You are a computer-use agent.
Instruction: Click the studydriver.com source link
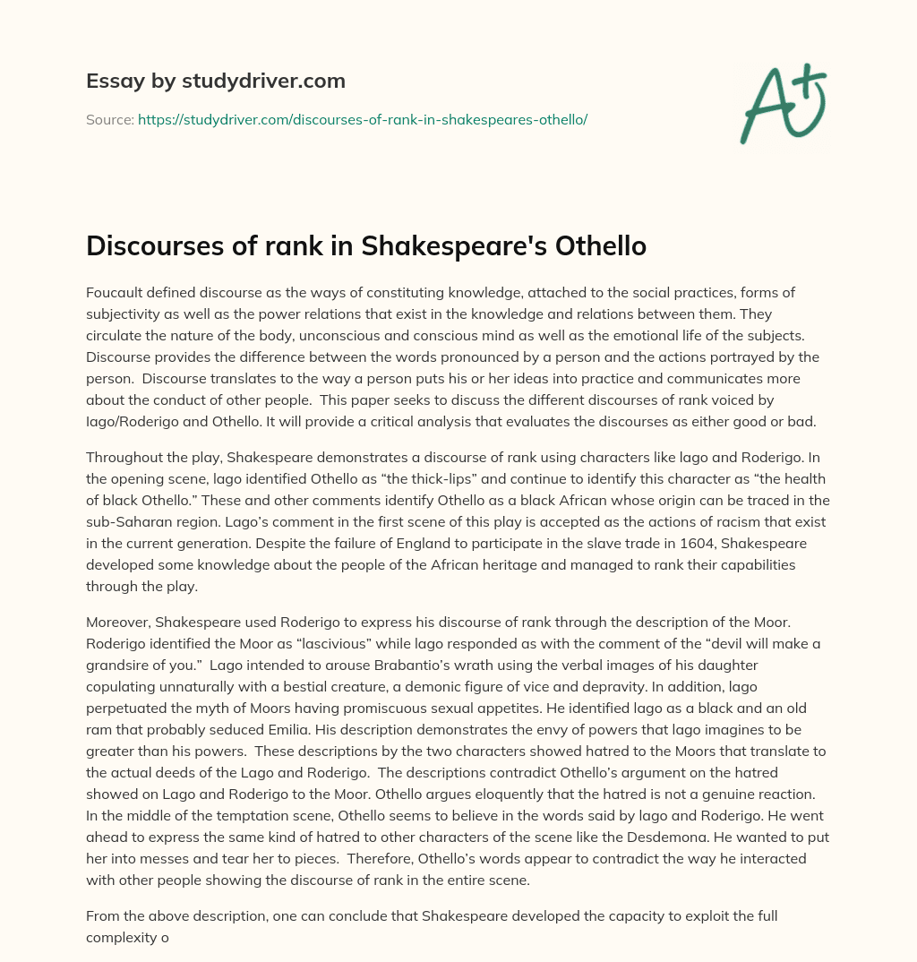[362, 118]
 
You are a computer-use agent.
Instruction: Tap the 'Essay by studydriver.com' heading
[215, 81]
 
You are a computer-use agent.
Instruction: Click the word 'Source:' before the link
[109, 118]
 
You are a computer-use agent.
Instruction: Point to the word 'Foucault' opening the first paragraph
[114, 293]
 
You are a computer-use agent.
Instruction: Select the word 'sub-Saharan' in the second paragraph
[125, 522]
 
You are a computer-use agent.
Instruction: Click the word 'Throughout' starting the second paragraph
[124, 458]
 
